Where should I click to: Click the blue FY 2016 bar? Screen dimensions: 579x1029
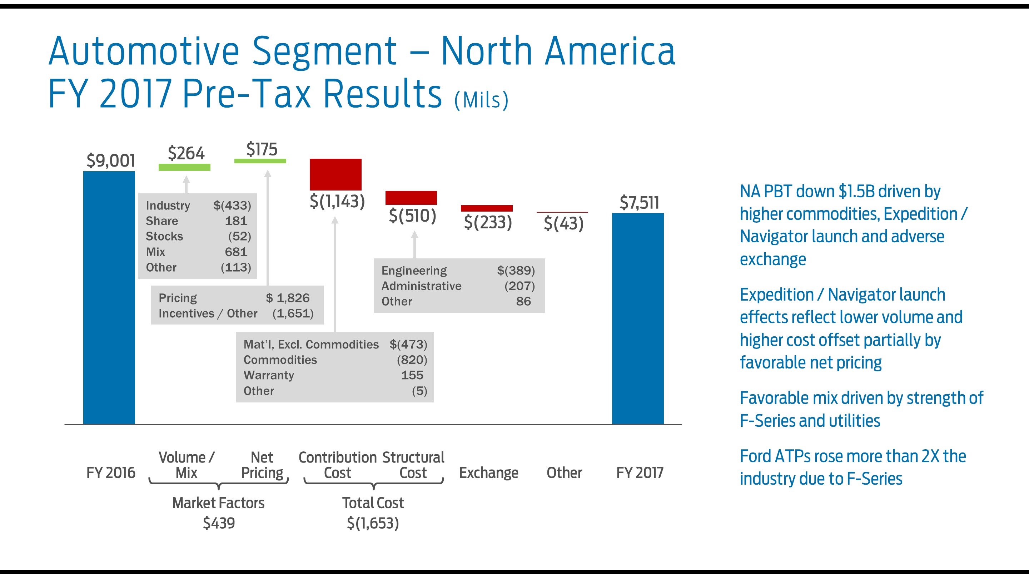109,297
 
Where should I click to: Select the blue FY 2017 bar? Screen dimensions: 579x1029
637,318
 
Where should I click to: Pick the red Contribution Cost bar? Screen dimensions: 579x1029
335,174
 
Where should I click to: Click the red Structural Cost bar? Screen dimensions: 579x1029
411,198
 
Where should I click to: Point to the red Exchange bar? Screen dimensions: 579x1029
486,208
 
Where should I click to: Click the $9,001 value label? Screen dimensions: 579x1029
111,160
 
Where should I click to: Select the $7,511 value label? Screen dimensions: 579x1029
639,202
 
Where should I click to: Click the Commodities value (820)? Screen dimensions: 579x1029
412,360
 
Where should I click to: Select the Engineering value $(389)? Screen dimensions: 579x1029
516,271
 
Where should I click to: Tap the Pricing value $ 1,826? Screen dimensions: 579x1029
288,298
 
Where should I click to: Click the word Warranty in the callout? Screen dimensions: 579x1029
268,375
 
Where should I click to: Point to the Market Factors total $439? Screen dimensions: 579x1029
219,523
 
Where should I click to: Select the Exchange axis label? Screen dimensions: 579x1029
488,473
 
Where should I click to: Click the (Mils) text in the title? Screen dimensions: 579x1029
481,100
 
